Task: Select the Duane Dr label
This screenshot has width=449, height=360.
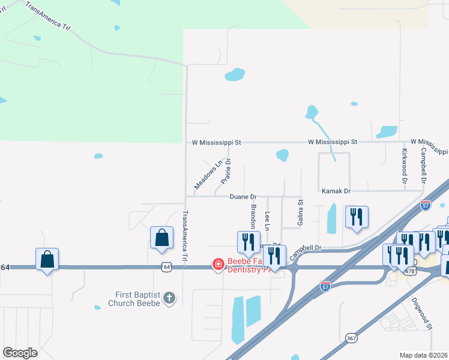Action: [x=243, y=197]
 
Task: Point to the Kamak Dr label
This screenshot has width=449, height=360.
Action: [x=336, y=191]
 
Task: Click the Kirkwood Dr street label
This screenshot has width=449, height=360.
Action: [x=405, y=165]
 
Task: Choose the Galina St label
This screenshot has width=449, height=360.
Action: [x=300, y=214]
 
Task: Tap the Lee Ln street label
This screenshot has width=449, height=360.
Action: [x=267, y=221]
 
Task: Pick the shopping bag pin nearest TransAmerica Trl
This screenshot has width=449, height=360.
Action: [x=161, y=238]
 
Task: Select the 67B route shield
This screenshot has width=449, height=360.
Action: [x=410, y=271]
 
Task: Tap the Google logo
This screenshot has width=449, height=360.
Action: [x=20, y=352]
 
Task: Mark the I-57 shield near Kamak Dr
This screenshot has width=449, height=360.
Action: [x=426, y=204]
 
